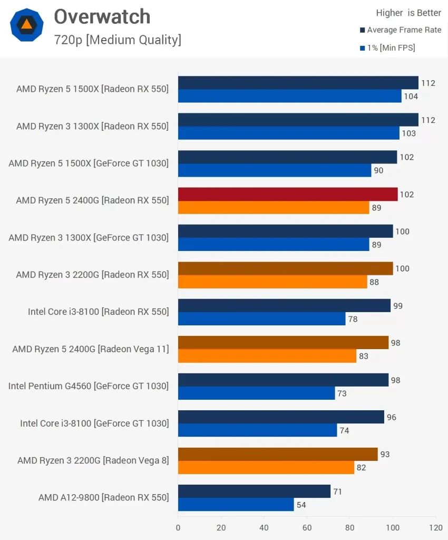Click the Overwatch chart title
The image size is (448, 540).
coord(102,17)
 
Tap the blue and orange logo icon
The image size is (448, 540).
coord(26,25)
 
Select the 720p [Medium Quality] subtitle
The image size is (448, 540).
coord(117,40)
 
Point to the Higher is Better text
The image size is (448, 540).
coord(408,13)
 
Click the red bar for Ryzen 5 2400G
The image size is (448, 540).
coord(288,194)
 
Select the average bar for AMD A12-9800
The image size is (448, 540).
coord(254,491)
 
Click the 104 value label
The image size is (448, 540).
coord(411,97)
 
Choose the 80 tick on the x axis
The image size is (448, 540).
coord(350,527)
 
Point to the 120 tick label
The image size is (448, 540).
coord(436,527)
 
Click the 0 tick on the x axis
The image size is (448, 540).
coord(178,527)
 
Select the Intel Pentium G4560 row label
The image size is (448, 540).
coord(89,386)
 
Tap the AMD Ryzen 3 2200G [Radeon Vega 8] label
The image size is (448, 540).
coord(93,460)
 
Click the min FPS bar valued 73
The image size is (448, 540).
coord(256,393)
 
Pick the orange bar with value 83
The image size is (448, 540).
coord(267,356)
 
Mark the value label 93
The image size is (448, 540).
coord(385,455)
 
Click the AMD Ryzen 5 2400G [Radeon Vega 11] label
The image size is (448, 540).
coord(91,349)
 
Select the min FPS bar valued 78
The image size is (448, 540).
coord(261,319)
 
